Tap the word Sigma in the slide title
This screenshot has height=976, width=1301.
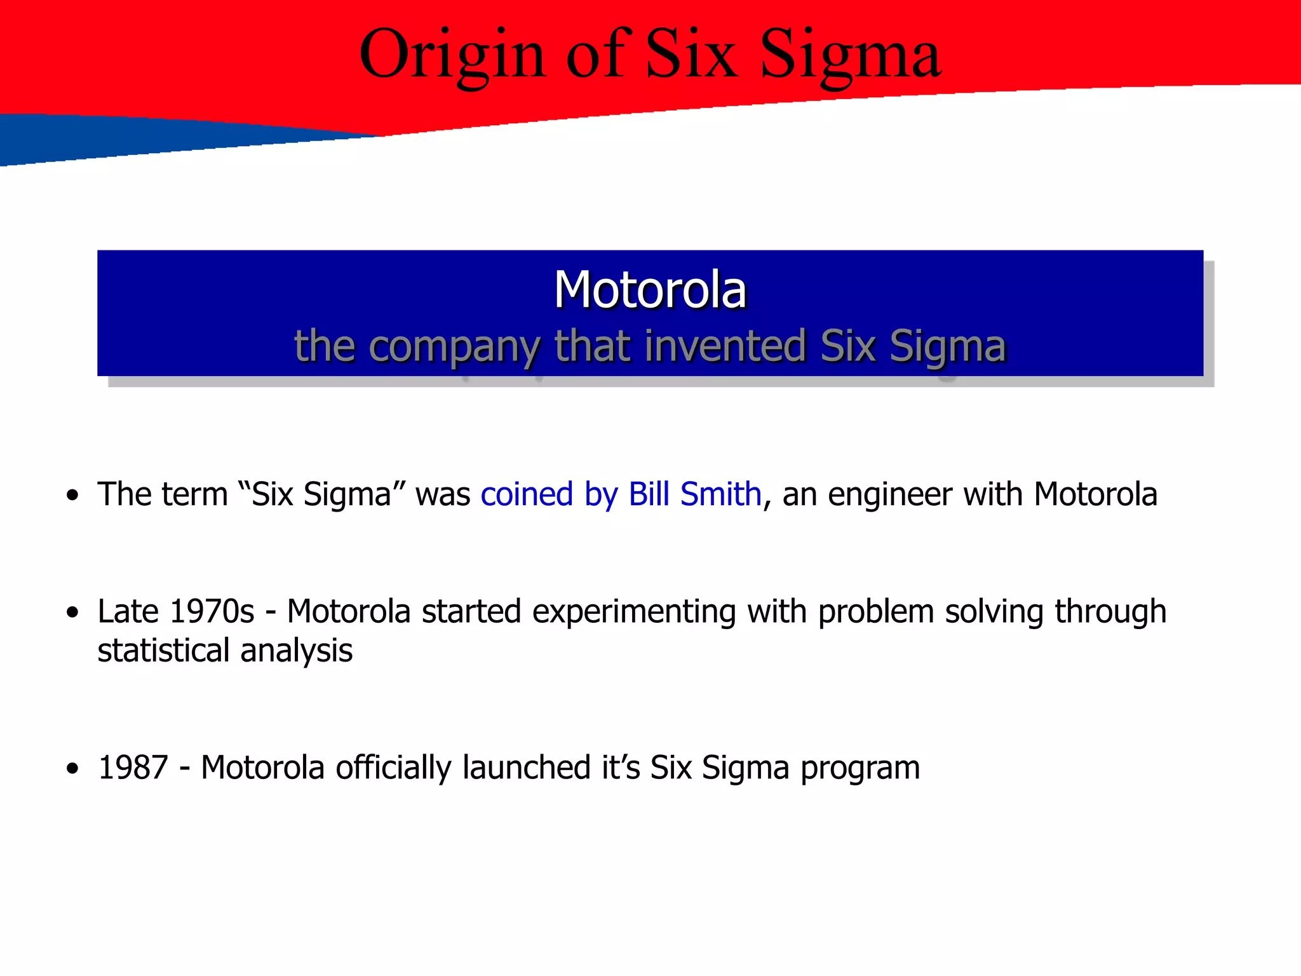pyautogui.click(x=850, y=56)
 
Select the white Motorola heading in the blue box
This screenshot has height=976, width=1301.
pyautogui.click(x=650, y=290)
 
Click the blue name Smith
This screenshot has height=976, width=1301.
pyautogui.click(x=720, y=494)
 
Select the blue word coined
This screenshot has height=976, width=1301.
pyautogui.click(x=527, y=494)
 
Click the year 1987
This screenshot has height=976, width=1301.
pyautogui.click(x=133, y=768)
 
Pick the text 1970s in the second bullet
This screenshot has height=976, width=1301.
pyautogui.click(x=212, y=611)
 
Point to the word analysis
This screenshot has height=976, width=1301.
pyautogui.click(x=296, y=651)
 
